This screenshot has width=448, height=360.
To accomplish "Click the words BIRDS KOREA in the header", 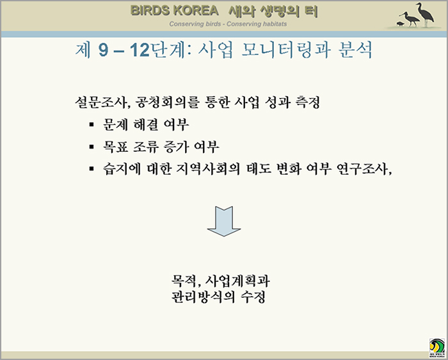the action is pyautogui.click(x=175, y=11).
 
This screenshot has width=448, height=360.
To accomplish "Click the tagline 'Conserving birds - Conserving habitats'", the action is pyautogui.click(x=228, y=24).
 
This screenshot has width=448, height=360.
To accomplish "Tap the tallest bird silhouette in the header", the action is pyautogui.click(x=425, y=15).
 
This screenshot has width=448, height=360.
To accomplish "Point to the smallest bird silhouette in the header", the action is pyautogui.click(x=400, y=24).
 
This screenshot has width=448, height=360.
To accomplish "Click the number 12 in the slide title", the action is pyautogui.click(x=140, y=51).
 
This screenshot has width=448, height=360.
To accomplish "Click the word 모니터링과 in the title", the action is pyautogui.click(x=286, y=51).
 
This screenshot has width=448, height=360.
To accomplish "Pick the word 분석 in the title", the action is pyautogui.click(x=355, y=51).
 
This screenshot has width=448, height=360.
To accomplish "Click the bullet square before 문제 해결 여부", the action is pyautogui.click(x=92, y=125).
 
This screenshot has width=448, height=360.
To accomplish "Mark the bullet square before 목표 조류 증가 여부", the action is pyautogui.click(x=92, y=147).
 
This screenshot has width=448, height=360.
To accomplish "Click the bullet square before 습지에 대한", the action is pyautogui.click(x=92, y=168).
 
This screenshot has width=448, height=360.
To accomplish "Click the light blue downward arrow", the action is pyautogui.click(x=224, y=222).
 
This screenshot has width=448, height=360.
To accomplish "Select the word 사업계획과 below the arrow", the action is pyautogui.click(x=237, y=281).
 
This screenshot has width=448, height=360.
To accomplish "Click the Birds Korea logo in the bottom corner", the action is pyautogui.click(x=437, y=348).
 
